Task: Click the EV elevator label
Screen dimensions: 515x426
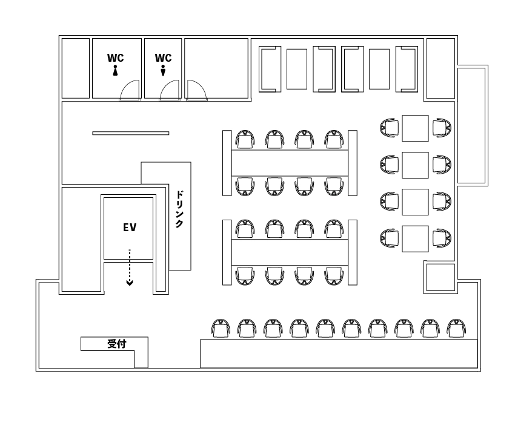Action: pos(130,228)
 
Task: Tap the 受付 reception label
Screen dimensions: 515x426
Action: pos(117,344)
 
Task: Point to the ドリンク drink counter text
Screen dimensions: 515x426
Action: pos(179,209)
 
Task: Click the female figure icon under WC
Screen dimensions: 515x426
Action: pos(115,70)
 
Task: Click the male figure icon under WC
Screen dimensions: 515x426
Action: pos(163,70)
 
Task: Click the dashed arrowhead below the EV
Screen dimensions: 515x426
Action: pos(130,283)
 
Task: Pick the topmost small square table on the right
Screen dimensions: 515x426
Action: pos(415,128)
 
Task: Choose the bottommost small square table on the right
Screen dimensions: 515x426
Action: pos(415,239)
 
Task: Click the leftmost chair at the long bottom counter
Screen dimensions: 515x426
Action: pos(221,328)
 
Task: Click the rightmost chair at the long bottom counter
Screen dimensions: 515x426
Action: pos(457,328)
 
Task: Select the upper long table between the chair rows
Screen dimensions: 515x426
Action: pos(290,163)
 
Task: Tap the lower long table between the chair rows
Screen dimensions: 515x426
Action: pos(290,252)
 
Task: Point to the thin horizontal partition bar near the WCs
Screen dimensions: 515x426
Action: pos(131,133)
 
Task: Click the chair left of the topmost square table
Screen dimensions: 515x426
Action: pos(390,128)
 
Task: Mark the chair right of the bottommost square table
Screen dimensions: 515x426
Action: pos(442,238)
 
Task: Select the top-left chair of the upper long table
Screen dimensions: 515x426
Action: pos(245,139)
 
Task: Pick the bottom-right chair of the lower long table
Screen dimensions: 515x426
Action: pos(334,276)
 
